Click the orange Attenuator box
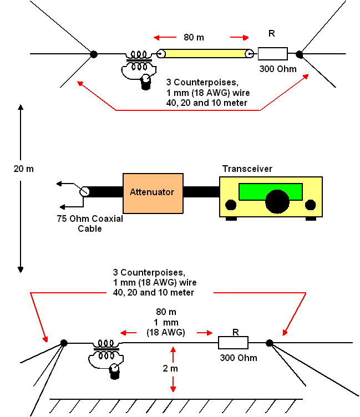coord(153,194)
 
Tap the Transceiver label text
coord(247,169)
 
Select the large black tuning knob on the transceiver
coord(277,202)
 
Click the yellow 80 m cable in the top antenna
coord(205,54)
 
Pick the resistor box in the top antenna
coord(273,54)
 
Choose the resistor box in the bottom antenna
coord(234,343)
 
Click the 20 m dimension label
coord(24,169)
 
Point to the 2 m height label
coord(170,368)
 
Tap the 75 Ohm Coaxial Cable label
coord(90,223)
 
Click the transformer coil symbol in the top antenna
coord(139,61)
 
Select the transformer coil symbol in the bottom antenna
coord(106,350)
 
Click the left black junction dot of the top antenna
coord(94,54)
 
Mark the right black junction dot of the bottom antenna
coord(269,343)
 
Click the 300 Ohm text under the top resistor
coord(278,69)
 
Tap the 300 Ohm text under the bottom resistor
coord(239,358)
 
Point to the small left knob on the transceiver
coord(231,205)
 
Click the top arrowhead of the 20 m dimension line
coord(21,107)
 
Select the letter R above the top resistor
coord(272,33)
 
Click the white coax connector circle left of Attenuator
coord(85,191)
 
